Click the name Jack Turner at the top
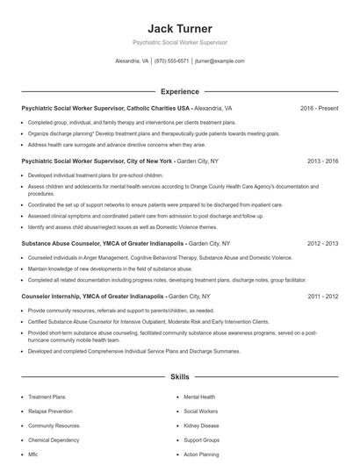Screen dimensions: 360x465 179,29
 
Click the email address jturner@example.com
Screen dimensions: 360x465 220,61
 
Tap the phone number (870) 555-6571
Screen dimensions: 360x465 171,61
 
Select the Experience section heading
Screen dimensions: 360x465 179,91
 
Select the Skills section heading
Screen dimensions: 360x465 179,376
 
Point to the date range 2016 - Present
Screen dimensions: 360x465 319,108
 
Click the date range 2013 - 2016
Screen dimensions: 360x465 322,161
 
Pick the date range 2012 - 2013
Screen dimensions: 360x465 322,243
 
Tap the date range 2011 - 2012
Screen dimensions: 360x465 322,297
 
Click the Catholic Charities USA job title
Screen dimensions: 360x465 105,108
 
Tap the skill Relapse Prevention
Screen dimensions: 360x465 50,411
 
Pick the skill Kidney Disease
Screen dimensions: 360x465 203,426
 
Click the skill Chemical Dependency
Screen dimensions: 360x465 54,440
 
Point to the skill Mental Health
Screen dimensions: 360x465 199,397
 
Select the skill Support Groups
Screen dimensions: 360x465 202,440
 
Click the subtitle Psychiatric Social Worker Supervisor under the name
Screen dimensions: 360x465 179,42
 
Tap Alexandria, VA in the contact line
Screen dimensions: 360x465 133,61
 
